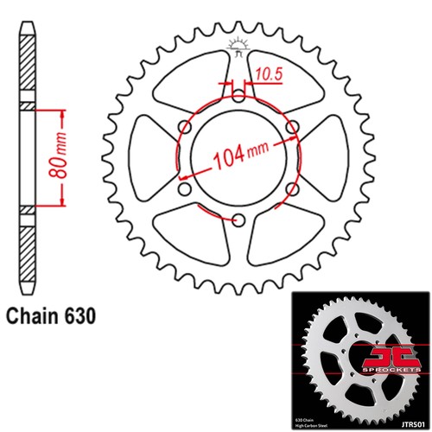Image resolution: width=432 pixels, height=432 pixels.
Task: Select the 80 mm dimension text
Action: coord(60,157)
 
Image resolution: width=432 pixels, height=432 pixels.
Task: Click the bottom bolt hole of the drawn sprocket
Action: coord(238,219)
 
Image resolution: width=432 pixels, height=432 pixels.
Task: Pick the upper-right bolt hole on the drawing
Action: coord(292,127)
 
